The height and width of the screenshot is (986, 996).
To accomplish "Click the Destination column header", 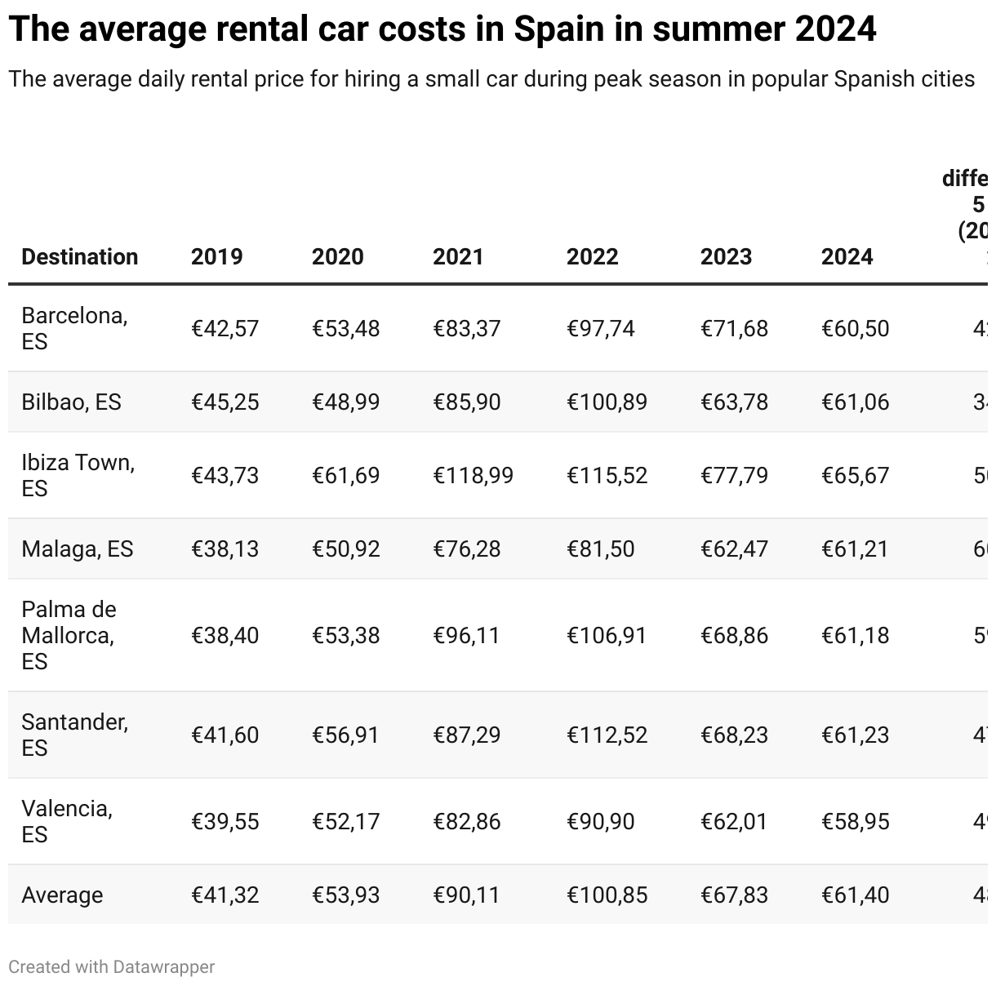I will (x=79, y=256).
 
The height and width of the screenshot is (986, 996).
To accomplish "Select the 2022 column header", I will (x=592, y=256).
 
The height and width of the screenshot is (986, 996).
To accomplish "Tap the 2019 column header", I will (x=216, y=256).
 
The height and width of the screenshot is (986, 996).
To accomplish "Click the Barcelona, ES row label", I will (x=74, y=328).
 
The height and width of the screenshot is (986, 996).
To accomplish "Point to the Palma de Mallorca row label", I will (x=69, y=635).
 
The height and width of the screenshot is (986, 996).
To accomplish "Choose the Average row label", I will (x=62, y=895).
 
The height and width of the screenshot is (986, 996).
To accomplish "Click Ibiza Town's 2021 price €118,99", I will (x=473, y=475).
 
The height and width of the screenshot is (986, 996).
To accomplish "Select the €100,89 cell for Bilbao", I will (x=607, y=402).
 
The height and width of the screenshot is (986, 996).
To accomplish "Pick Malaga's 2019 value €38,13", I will (x=225, y=549).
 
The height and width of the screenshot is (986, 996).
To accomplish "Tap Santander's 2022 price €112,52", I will (x=607, y=735).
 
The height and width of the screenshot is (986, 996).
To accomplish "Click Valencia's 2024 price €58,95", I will (x=855, y=821).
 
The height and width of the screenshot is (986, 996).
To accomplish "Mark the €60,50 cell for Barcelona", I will (x=855, y=328).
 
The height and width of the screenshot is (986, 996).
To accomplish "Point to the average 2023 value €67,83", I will (x=734, y=895).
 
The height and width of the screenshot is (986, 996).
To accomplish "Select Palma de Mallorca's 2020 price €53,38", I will (x=345, y=635).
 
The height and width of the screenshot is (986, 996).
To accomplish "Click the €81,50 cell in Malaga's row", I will (x=600, y=549).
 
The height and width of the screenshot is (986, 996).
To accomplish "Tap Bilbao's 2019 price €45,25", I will (x=225, y=402).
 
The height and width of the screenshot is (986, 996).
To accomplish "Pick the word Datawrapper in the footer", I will (x=164, y=966).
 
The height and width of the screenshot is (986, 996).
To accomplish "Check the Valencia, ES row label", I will (x=67, y=821).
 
